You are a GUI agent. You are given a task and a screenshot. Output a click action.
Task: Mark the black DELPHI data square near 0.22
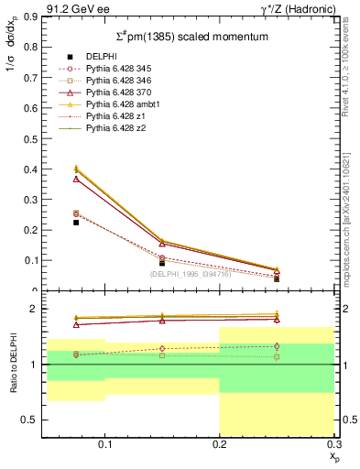point(76,223)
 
